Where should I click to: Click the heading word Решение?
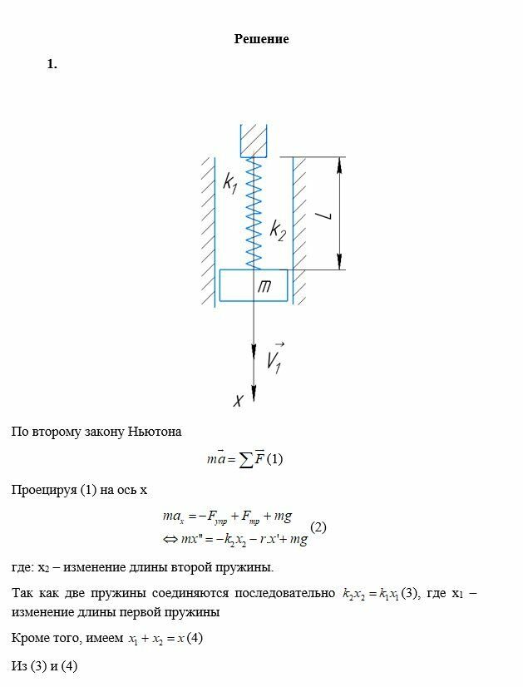261,39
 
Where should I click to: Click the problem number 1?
52,64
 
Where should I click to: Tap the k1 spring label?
230,182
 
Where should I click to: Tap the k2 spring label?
278,230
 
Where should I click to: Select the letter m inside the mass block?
264,286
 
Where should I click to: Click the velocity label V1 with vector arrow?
275,357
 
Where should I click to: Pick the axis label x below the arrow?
238,401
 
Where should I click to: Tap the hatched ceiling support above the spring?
254,139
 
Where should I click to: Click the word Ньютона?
154,432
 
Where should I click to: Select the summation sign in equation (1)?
246,459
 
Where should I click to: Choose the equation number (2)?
318,527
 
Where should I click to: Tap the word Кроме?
29,639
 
